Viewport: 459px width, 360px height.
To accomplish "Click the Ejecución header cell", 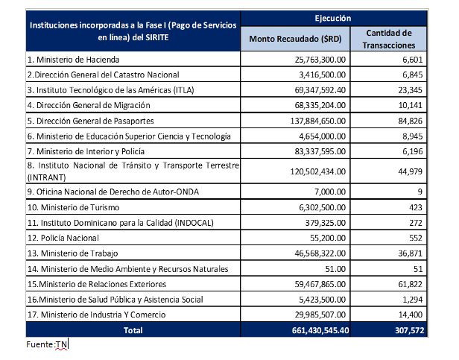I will pyautogui.click(x=338, y=16).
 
